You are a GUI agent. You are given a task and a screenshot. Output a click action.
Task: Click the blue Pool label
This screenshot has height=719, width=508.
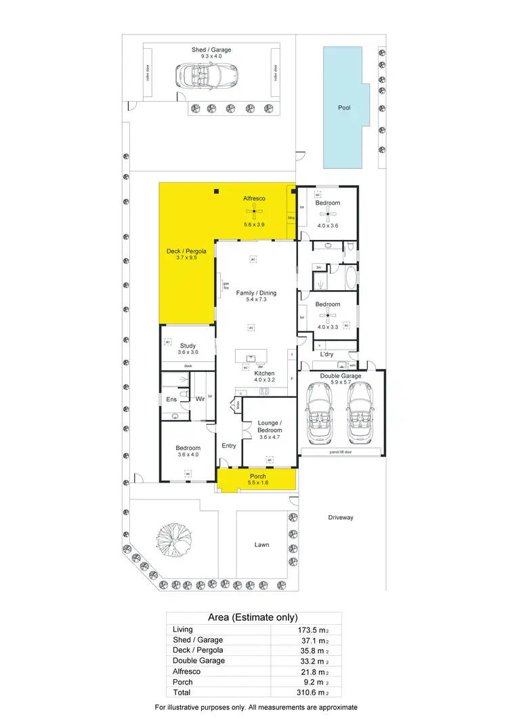coord(344,108)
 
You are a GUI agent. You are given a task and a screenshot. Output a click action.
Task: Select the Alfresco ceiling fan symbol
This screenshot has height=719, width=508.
coord(254,212)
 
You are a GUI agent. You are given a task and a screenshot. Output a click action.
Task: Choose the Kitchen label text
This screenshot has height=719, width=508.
coord(264,373)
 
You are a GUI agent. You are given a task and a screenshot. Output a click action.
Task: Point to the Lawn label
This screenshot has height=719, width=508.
coord(261,545)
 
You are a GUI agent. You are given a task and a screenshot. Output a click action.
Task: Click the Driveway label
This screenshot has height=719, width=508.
coord(341,517)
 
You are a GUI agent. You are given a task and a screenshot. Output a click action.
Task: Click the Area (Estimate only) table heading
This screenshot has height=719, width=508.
coord(253,617)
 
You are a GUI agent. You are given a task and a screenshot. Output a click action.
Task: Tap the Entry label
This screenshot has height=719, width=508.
coord(229,445)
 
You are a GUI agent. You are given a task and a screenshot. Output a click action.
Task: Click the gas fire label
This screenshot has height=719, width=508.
coord(226,285)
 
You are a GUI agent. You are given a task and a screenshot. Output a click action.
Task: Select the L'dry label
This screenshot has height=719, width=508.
coord(326,354)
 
